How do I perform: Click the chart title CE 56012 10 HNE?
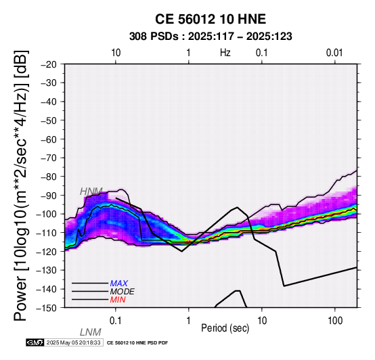[x=211, y=19]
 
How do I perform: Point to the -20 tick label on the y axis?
[x=49, y=64]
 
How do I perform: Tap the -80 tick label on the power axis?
[x=49, y=177]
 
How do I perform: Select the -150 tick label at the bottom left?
[x=47, y=308]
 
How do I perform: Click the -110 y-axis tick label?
[x=47, y=233]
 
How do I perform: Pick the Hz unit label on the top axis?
[x=225, y=53]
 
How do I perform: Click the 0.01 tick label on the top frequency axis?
[x=334, y=53]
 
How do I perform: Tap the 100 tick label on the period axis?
[x=335, y=321]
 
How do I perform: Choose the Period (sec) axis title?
[x=225, y=328]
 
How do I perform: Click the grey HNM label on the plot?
[x=91, y=192]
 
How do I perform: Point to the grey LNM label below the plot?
[x=91, y=332]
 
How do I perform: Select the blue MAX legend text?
[x=119, y=284]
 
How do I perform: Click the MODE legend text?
[x=123, y=292]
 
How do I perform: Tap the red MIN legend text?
[x=118, y=300]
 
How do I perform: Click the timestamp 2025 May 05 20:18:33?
[x=73, y=342]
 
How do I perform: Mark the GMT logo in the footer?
[x=35, y=342]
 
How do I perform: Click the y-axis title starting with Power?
[x=21, y=185]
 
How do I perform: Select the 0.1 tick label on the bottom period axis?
[x=116, y=321]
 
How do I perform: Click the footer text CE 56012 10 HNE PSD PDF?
[x=137, y=343]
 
